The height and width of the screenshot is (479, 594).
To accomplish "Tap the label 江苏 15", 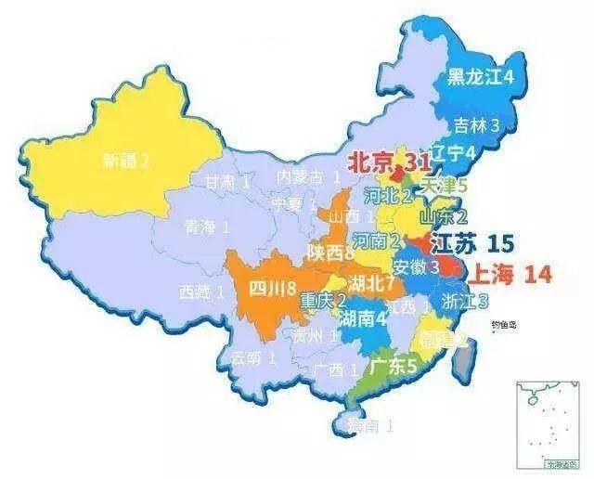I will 473,244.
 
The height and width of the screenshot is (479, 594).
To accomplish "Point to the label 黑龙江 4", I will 482,77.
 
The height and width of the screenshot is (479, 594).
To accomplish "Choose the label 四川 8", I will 272,287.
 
